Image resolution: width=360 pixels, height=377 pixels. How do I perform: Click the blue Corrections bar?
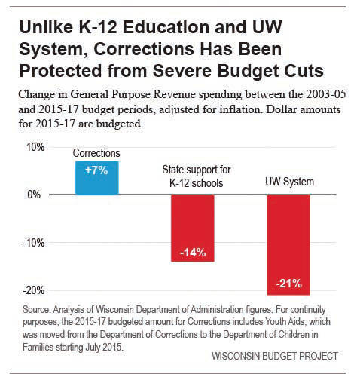click(97, 178)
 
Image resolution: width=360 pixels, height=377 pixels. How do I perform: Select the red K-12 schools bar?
click(193, 228)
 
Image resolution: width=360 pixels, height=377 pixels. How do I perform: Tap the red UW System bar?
click(288, 245)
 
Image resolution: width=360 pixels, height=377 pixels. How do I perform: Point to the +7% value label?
click(96, 170)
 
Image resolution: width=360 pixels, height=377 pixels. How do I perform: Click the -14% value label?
click(193, 252)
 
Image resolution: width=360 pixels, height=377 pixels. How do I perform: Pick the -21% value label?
click(289, 284)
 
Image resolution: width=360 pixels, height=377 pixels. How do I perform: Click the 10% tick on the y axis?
click(35, 147)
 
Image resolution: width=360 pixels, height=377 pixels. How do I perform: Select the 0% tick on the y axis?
click(34, 195)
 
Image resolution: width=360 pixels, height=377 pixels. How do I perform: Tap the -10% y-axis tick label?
click(34, 243)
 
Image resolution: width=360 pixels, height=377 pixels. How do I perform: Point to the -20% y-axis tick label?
click(34, 290)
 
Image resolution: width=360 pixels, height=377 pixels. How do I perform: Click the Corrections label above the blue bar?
click(96, 153)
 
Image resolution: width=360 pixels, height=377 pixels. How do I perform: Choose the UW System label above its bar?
click(290, 182)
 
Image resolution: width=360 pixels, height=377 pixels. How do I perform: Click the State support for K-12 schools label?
click(197, 176)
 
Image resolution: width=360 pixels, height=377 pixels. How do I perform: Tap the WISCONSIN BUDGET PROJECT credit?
click(275, 356)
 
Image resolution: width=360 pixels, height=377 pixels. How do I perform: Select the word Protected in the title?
click(61, 71)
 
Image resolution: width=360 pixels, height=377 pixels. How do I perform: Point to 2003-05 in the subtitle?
click(326, 94)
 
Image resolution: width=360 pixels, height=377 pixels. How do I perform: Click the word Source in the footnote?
click(37, 309)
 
